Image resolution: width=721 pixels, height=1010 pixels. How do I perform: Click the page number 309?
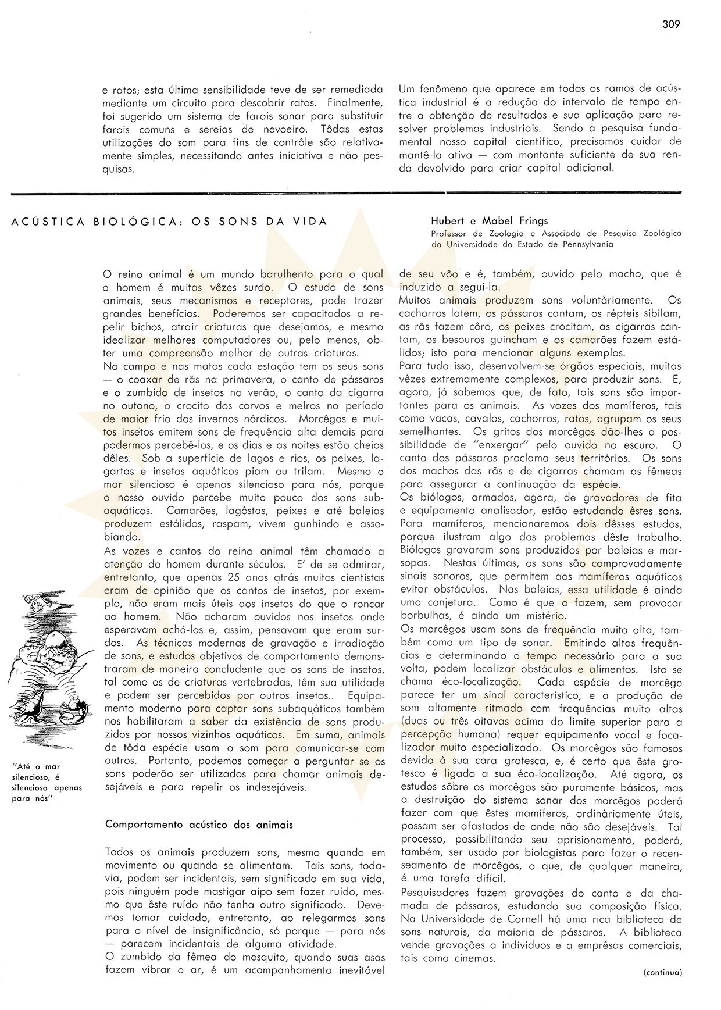coord(670,24)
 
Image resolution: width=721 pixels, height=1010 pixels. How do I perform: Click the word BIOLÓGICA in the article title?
coord(124,222)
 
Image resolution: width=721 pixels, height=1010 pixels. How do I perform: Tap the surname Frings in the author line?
coord(533,221)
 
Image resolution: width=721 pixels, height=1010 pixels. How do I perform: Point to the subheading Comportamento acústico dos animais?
coord(199,825)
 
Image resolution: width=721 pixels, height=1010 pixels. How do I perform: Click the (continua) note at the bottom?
coord(662,972)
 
